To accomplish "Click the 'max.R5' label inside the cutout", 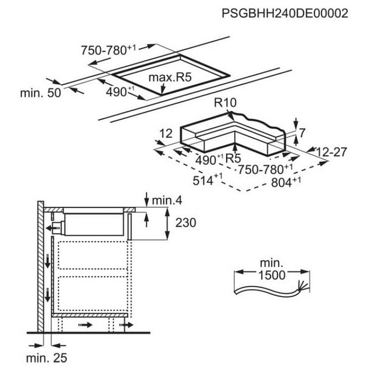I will coord(169,79).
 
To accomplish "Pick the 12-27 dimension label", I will coord(331,153).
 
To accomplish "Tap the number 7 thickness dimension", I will coord(302,133).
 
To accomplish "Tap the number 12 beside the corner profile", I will coord(166,135).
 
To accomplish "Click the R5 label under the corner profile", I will coord(234,158).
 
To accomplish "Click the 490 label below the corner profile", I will coord(207,159).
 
